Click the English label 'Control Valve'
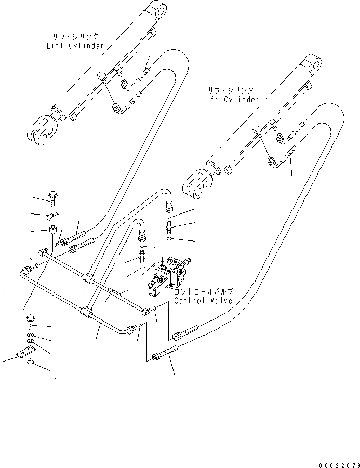202,301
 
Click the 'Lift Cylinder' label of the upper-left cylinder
75,45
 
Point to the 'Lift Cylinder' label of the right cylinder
230,99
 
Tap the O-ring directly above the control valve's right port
168,238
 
